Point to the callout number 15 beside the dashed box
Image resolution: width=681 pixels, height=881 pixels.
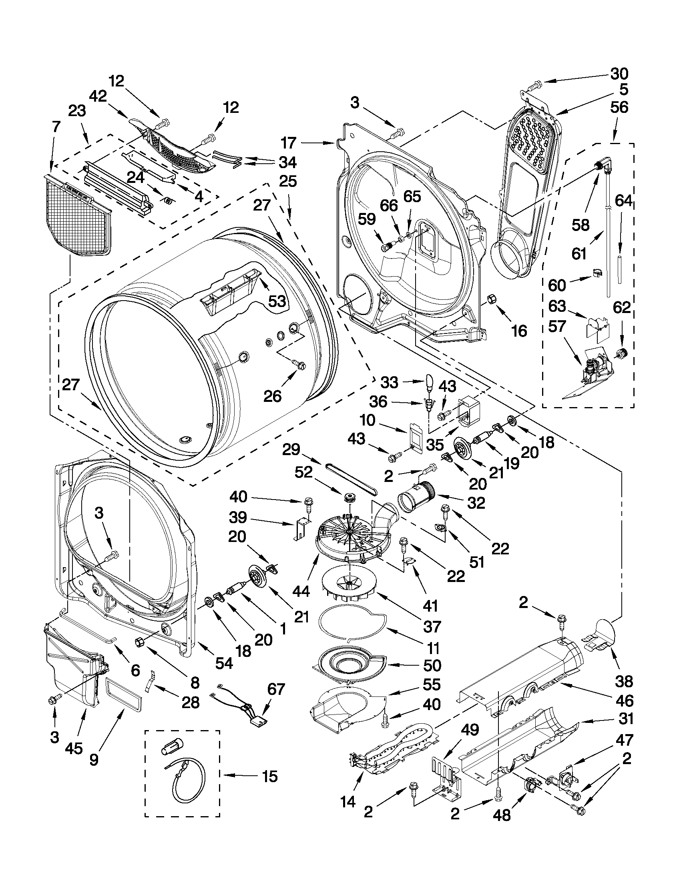pyautogui.click(x=269, y=776)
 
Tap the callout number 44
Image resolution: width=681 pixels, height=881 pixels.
pyautogui.click(x=301, y=591)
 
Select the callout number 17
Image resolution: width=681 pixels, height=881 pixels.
pyautogui.click(x=289, y=143)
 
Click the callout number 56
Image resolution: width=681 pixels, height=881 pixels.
pyautogui.click(x=619, y=107)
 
